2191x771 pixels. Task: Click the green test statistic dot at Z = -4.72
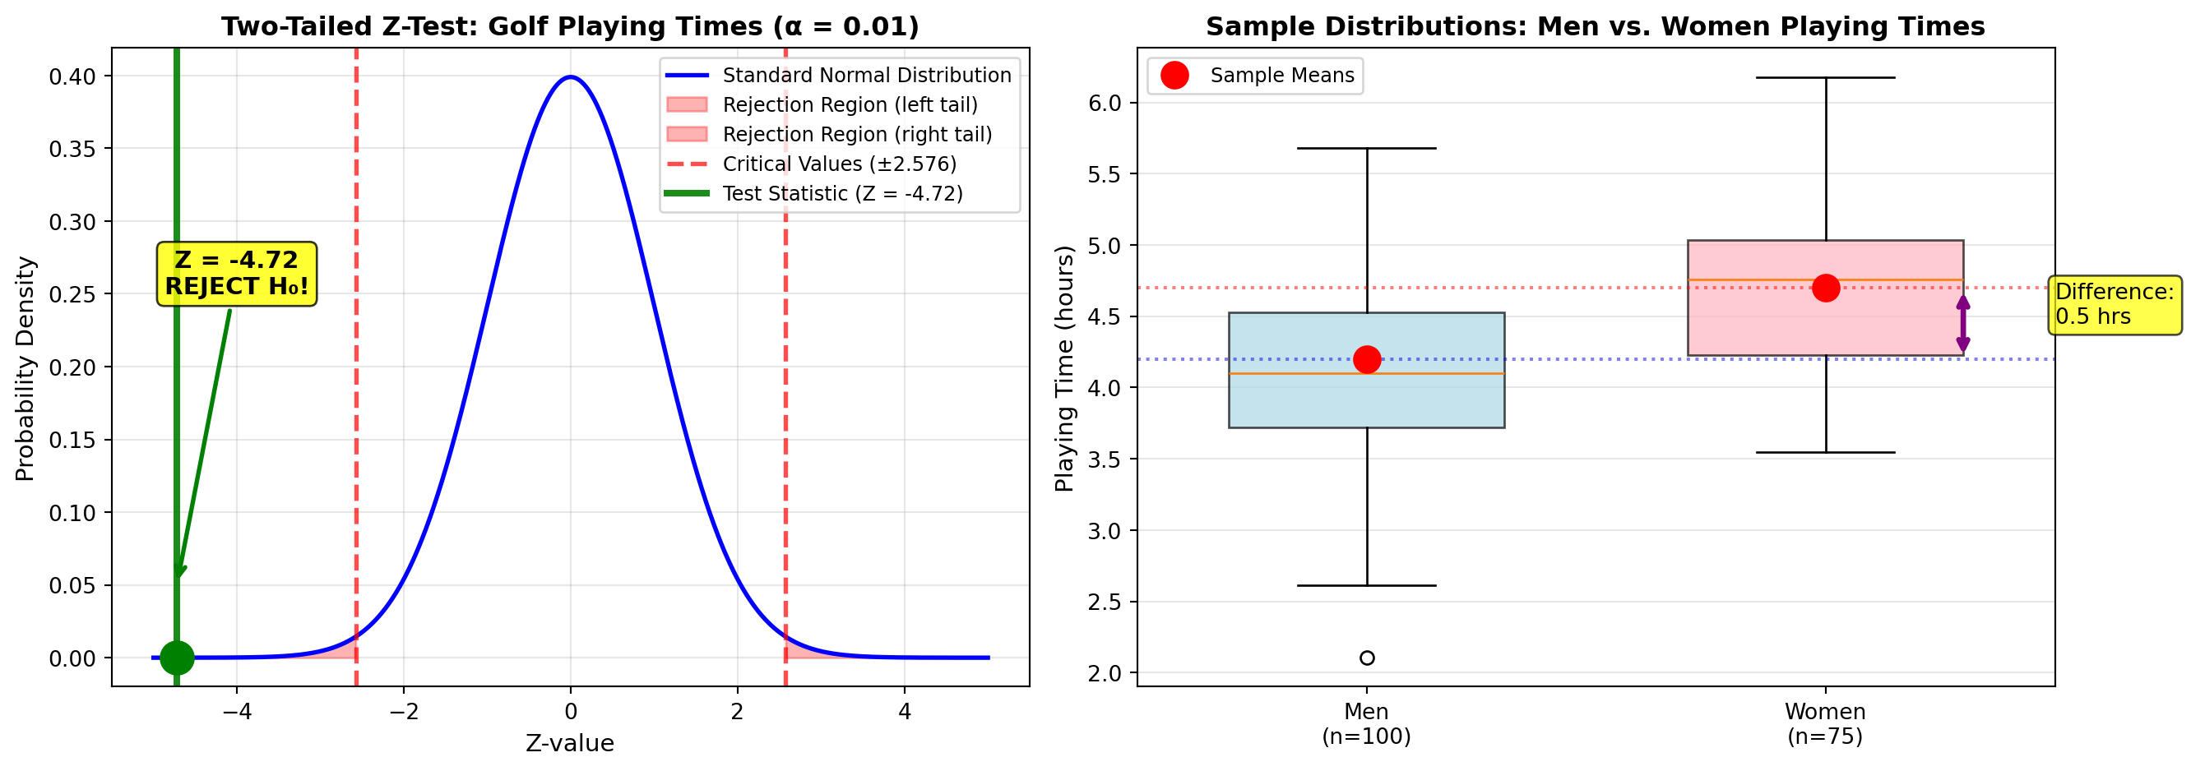click(x=177, y=657)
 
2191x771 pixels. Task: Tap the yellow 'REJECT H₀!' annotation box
click(x=236, y=274)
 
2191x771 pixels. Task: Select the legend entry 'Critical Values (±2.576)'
click(x=839, y=164)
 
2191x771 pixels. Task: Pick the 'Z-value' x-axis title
click(x=570, y=744)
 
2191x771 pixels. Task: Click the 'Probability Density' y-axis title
click(x=25, y=369)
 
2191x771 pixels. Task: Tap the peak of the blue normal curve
click(x=571, y=77)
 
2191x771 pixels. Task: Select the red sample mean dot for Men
click(x=1367, y=359)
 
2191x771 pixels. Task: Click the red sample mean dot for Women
click(x=1825, y=289)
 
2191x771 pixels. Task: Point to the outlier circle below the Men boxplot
click(x=1367, y=658)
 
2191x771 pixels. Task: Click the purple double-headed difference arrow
click(x=1963, y=324)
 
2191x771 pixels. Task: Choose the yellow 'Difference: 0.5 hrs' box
click(x=2115, y=304)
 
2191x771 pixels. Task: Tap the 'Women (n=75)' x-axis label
click(x=1825, y=723)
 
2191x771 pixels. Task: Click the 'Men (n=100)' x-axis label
click(x=1367, y=723)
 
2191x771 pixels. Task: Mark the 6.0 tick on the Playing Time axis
click(x=1105, y=103)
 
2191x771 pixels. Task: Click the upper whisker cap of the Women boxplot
click(x=1825, y=77)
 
